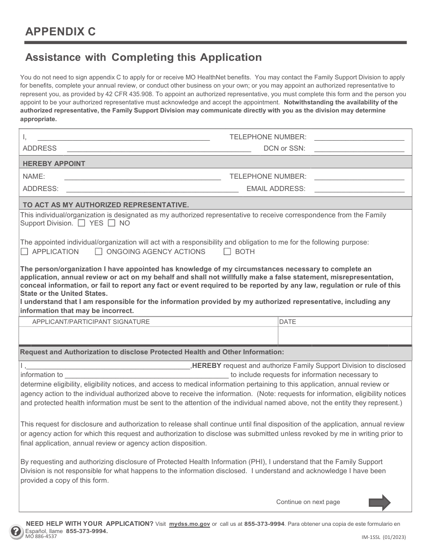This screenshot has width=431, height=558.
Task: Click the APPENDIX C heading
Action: (60, 31)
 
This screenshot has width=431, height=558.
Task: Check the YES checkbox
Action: (82, 223)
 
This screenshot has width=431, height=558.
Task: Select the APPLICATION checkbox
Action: (24, 252)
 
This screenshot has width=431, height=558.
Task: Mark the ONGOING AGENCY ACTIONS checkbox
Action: (98, 252)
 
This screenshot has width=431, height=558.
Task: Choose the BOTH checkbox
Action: (227, 252)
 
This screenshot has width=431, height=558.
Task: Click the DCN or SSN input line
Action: (359, 148)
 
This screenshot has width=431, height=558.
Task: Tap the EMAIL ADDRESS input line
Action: (359, 189)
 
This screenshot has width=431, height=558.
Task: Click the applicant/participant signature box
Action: (148, 336)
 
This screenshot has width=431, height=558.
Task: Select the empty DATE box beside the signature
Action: (345, 336)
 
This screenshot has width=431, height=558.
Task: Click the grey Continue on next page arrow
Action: (379, 502)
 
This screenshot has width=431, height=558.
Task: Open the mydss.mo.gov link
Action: (189, 524)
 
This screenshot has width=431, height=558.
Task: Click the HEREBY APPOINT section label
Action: (54, 163)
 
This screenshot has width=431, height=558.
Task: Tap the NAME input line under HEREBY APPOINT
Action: (142, 176)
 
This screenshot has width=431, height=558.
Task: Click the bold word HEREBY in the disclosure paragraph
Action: (207, 366)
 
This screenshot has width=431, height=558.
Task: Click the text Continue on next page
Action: (308, 502)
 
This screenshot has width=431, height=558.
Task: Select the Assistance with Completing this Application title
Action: (143, 57)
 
